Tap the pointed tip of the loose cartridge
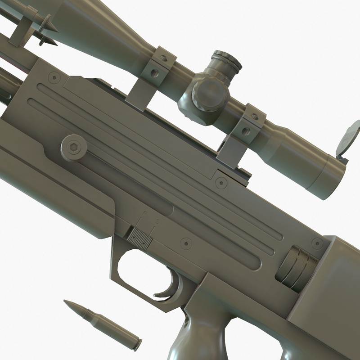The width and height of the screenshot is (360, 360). [66, 301]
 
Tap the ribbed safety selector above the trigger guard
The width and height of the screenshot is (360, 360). [139, 238]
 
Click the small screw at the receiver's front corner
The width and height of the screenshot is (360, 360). [54, 78]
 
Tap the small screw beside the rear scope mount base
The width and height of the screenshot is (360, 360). [221, 182]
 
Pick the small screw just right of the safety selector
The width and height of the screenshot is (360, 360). [186, 243]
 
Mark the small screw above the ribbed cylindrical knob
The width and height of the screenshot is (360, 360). [317, 243]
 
